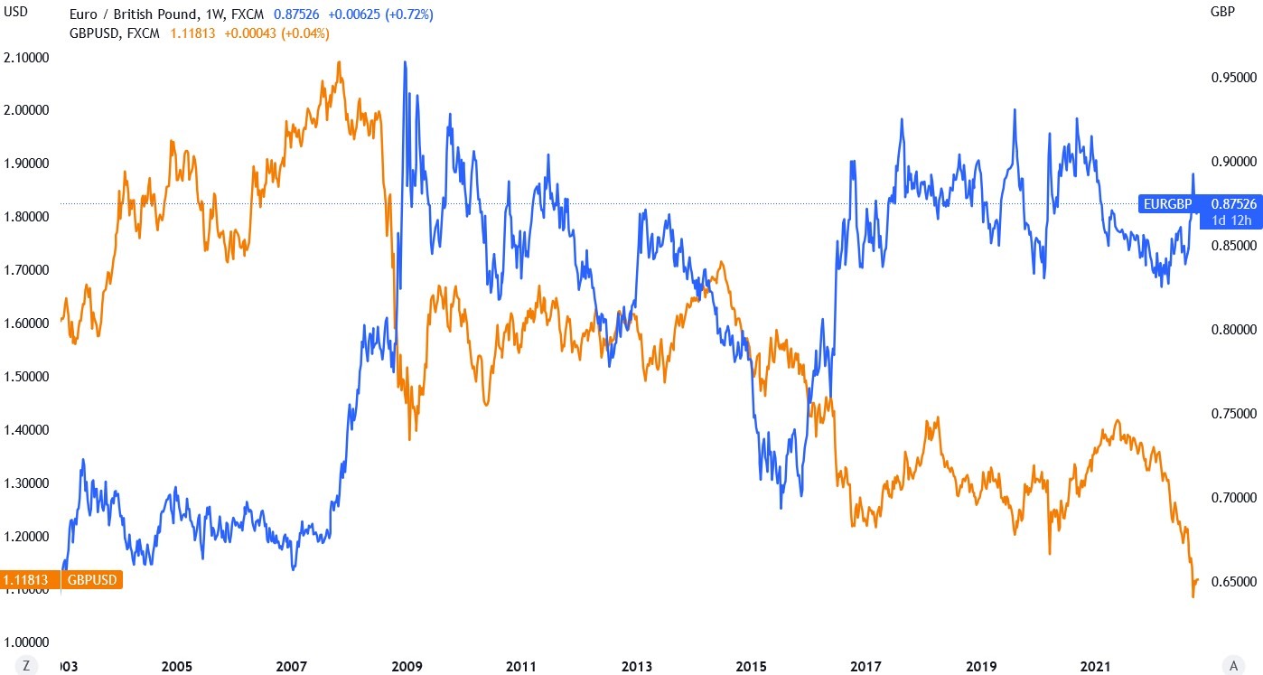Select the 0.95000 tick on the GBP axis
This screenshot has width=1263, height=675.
(1233, 78)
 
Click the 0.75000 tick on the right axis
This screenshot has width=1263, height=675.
(1233, 414)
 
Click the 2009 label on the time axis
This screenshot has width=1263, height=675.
(407, 666)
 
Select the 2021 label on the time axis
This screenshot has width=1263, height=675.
(1096, 666)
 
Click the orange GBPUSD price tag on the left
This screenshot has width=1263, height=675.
(60, 579)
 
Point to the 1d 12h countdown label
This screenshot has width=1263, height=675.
(1230, 220)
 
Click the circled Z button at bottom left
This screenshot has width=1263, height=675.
(28, 666)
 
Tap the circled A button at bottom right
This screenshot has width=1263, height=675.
(1233, 666)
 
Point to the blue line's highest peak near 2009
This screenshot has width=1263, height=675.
(405, 62)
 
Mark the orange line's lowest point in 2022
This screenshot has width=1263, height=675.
(1193, 596)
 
